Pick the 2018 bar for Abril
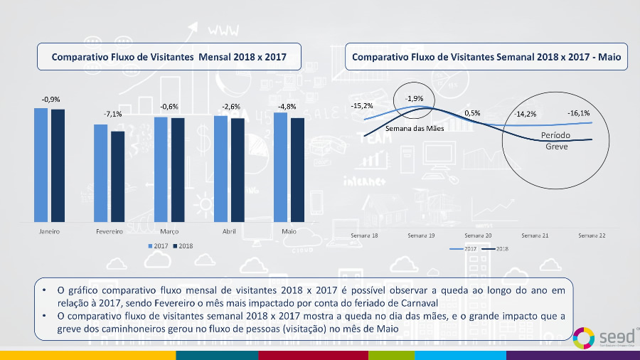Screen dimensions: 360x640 point(237,170)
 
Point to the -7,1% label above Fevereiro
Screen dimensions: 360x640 point(112,114)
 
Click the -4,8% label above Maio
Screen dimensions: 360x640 point(287,107)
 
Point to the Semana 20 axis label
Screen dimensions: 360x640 point(478,235)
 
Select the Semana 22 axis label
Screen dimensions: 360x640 point(592,235)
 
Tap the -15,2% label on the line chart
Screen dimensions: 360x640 point(362,106)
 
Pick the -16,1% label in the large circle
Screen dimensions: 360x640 point(578,113)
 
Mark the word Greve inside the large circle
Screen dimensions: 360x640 point(556,147)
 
